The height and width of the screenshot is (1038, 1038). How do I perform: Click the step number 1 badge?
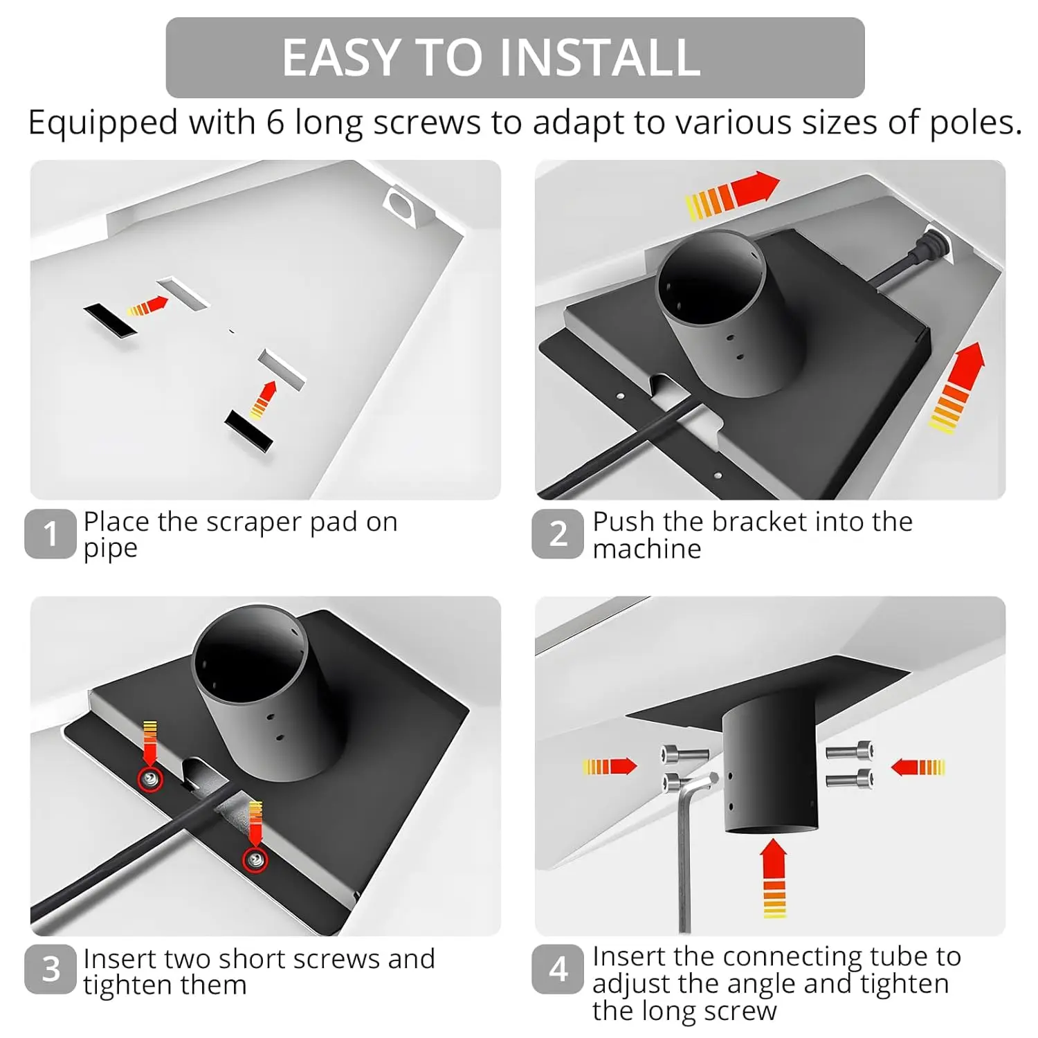[50, 534]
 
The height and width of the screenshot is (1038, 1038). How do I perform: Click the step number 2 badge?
[558, 534]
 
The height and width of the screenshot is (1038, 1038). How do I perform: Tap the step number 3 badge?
[50, 969]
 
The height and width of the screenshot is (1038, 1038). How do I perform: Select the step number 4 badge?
[558, 969]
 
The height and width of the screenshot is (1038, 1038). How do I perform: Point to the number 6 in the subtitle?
[275, 122]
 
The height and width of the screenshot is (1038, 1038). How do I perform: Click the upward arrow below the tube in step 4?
[774, 878]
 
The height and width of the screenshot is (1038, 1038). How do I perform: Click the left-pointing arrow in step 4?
[918, 767]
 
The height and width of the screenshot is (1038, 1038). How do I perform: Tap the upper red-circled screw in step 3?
[151, 780]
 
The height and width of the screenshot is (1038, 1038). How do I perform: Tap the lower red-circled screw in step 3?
[256, 860]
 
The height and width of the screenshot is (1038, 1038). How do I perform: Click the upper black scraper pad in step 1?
[110, 321]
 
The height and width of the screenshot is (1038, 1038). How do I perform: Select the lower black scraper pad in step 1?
[248, 430]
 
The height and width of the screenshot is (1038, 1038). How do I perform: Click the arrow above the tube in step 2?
[732, 195]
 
